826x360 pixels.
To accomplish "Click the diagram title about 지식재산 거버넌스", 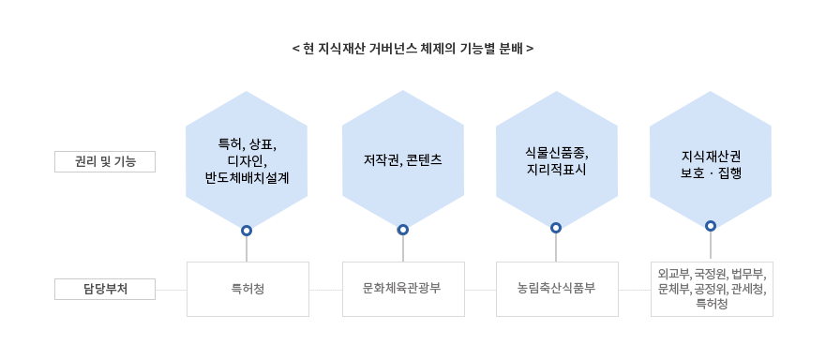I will pos(413,47).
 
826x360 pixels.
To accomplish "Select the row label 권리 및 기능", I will pos(104,161).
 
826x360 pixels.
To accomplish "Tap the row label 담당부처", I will pos(104,289).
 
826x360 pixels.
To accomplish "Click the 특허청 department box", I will pos(248,289).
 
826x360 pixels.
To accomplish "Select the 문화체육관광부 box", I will pos(402,289).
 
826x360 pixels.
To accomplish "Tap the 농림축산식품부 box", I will pos(556,289).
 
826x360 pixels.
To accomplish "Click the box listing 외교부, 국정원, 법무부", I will pos(712,289).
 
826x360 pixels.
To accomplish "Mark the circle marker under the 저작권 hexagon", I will pos(403,230).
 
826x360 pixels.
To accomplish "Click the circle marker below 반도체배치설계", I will pos(247,230).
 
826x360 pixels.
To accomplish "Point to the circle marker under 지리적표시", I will pos(556,228).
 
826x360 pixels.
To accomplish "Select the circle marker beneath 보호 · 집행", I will pos(711,226).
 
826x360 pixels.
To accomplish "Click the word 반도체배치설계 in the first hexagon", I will pos(247,176).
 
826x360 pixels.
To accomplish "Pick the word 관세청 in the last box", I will pos(747,289).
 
